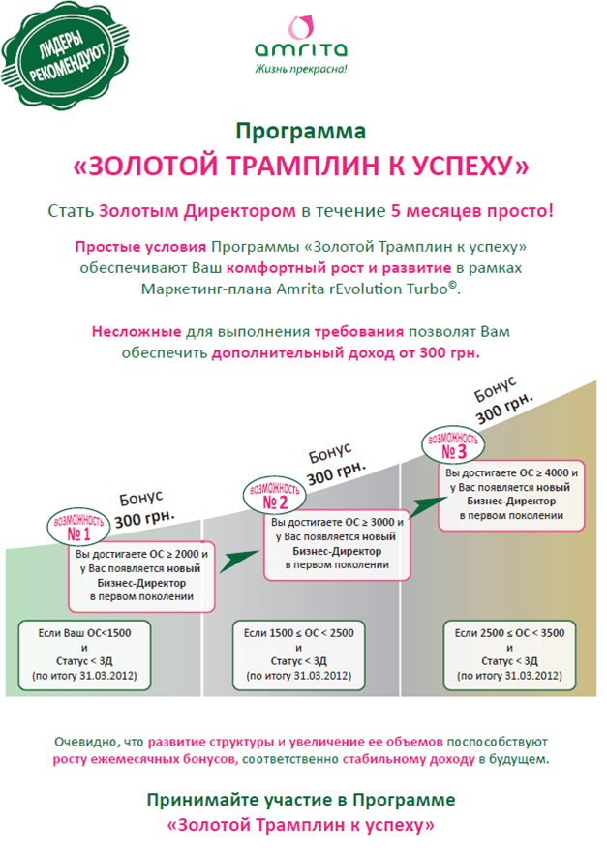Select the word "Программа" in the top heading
[301, 130]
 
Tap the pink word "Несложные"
[135, 331]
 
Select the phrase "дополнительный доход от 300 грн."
[346, 352]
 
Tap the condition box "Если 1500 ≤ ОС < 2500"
[299, 654]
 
